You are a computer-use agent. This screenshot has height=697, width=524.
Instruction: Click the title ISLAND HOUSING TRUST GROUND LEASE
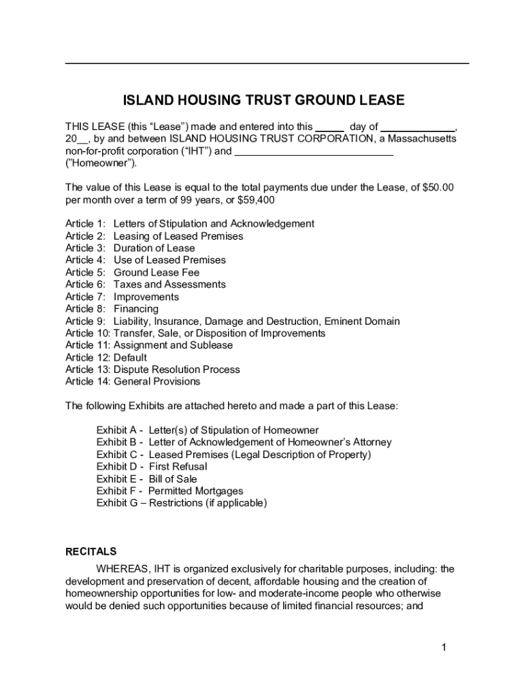(263, 101)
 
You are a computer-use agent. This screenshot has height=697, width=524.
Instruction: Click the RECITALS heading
(91, 551)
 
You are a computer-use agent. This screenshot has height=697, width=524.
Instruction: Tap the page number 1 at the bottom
(442, 647)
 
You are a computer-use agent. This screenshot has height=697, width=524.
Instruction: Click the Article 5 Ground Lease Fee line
(133, 272)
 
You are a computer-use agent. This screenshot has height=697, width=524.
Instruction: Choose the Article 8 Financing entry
(112, 309)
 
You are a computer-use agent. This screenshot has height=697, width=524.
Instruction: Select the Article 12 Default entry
(106, 357)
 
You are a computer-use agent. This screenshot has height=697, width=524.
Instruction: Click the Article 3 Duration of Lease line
(130, 248)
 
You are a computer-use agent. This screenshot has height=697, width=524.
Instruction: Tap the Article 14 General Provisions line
(133, 381)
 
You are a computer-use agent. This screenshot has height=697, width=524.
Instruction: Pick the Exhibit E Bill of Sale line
(147, 479)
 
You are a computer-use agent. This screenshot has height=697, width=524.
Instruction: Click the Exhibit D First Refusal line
(152, 466)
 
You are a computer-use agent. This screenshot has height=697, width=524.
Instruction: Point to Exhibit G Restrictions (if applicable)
(182, 503)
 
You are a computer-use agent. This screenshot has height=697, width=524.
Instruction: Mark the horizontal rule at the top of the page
(267, 63)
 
